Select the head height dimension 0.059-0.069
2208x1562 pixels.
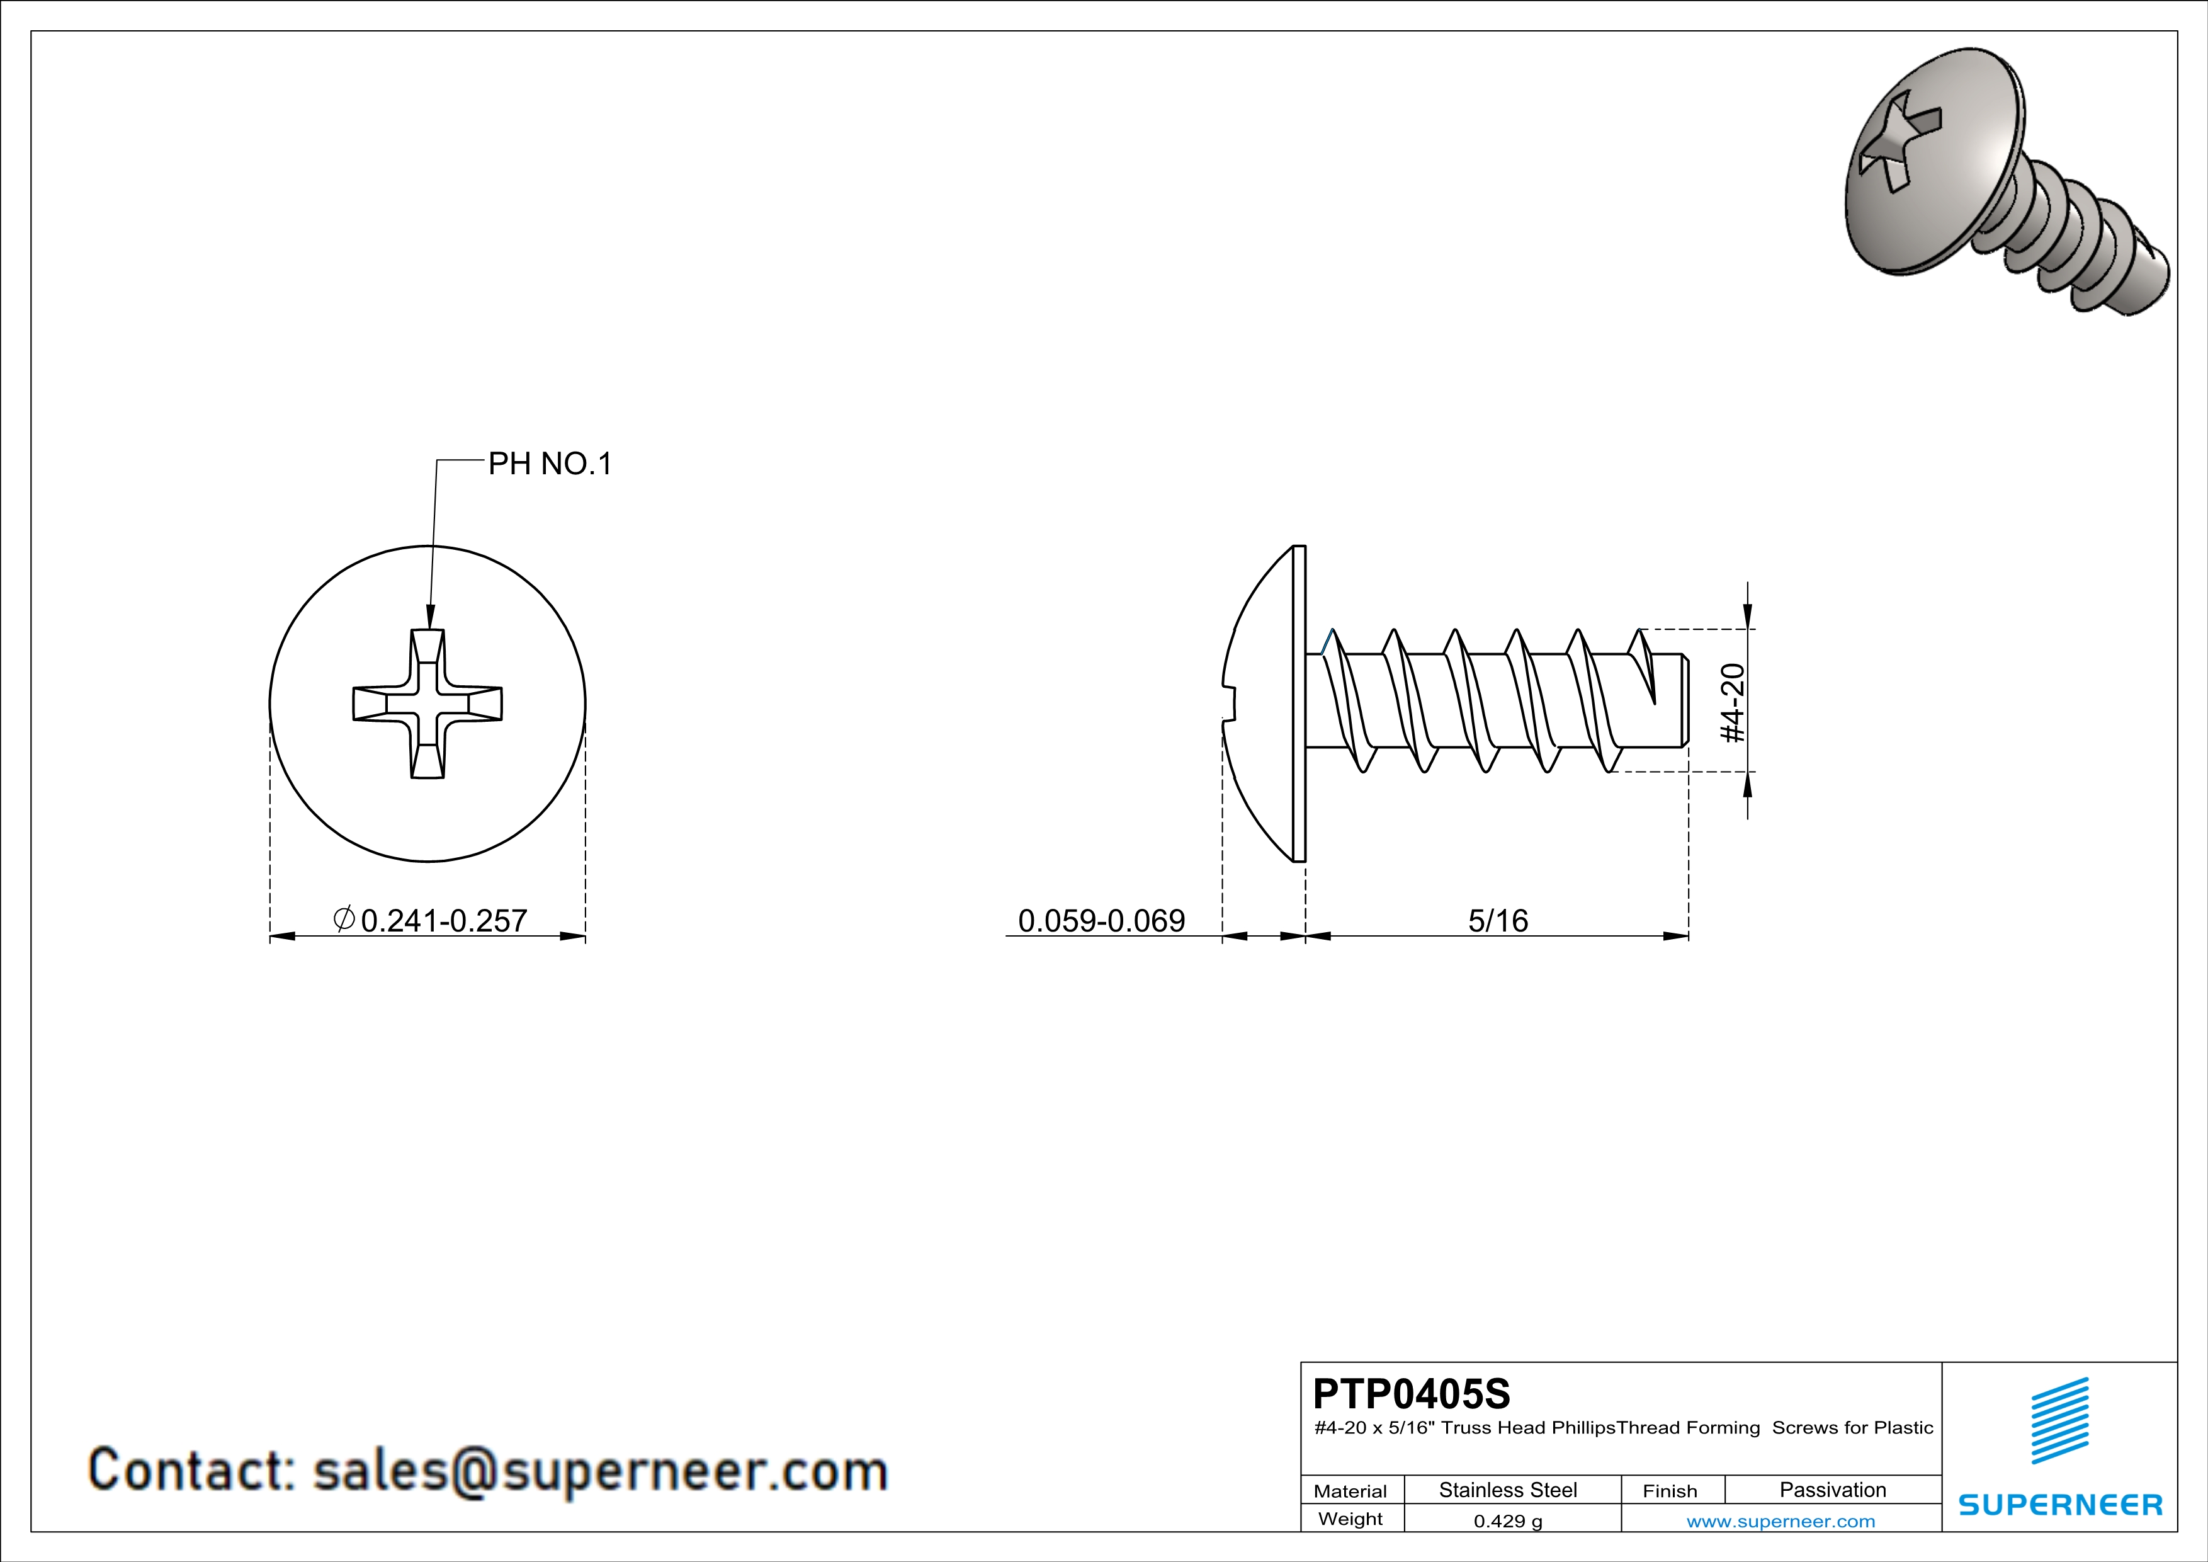click(x=1101, y=920)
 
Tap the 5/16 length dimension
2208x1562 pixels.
click(x=1497, y=920)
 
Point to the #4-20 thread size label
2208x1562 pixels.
click(x=1732, y=702)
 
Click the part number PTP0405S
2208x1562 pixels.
click(x=1411, y=1394)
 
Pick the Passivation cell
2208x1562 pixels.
click(x=1832, y=1490)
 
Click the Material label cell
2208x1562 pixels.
click(x=1350, y=1491)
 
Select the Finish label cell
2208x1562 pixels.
click(x=1670, y=1491)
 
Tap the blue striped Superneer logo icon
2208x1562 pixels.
click(x=2060, y=1421)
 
